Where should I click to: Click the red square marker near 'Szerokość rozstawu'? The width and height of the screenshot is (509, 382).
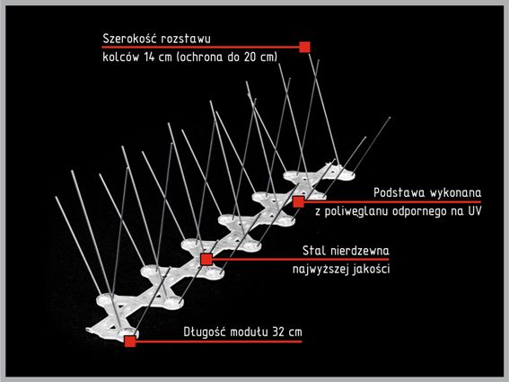[x=304, y=47]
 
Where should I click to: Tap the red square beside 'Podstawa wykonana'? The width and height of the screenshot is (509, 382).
[x=298, y=201]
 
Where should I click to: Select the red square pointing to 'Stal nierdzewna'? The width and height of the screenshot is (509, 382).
[x=206, y=260]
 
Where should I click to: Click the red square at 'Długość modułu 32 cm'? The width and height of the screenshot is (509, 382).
[x=130, y=342]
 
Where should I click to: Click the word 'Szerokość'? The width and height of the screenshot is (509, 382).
[x=129, y=39]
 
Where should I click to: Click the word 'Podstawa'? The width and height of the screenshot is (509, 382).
[x=399, y=192]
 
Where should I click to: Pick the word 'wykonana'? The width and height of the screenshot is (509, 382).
[x=456, y=192]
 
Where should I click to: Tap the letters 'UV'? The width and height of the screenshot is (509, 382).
[x=475, y=211]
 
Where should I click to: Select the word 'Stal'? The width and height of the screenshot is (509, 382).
[x=313, y=251]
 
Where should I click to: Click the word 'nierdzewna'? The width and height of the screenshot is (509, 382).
[x=360, y=251]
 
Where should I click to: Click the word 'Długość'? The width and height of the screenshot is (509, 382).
[x=204, y=333]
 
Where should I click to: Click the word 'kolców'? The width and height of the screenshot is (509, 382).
[x=121, y=58]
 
